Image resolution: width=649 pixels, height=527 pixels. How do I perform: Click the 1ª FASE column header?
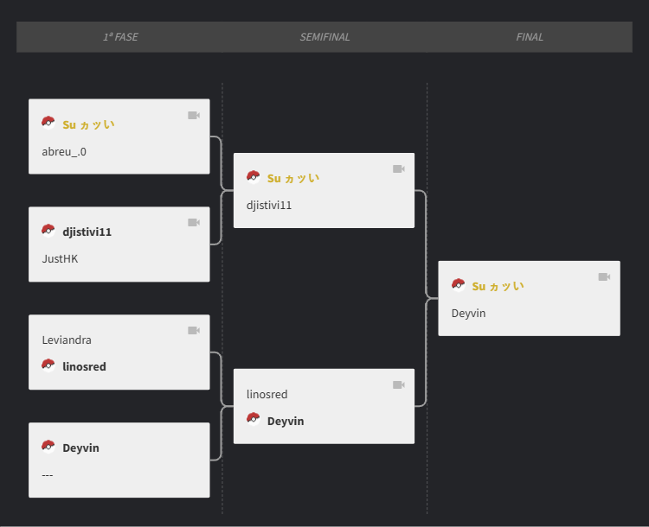pos(120,37)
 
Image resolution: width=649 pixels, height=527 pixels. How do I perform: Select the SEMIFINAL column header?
pos(324,37)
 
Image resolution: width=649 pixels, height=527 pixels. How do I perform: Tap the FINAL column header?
pos(530,37)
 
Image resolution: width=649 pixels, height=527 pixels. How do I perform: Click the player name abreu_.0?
pos(64,151)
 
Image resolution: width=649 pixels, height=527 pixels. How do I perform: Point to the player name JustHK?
pos(60,258)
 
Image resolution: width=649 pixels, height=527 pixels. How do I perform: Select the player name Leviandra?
pos(67,340)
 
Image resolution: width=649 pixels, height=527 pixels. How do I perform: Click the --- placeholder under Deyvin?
pos(48,474)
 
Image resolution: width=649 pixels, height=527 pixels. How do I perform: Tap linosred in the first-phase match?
pos(84,366)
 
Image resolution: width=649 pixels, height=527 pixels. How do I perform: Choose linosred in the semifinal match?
pos(267,394)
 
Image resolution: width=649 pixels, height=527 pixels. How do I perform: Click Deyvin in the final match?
pos(468,313)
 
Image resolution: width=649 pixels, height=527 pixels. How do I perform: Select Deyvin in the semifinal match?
pos(285,421)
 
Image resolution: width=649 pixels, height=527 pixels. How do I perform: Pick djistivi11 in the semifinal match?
pos(269,205)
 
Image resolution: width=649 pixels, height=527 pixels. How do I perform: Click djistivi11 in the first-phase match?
pos(87,232)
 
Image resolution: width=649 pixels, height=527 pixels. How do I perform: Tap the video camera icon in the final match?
pos(604,276)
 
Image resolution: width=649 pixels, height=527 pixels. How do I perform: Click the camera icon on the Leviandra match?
pos(194,330)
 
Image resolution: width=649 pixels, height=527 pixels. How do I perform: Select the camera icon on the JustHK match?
pos(194,222)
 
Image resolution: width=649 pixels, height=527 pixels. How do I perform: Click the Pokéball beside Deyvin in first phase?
pos(48,447)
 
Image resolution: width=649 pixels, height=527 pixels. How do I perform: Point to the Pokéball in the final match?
pos(459,285)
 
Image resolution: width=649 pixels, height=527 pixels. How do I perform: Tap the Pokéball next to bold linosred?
pos(48,365)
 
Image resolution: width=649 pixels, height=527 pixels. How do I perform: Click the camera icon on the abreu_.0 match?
pos(194,115)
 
